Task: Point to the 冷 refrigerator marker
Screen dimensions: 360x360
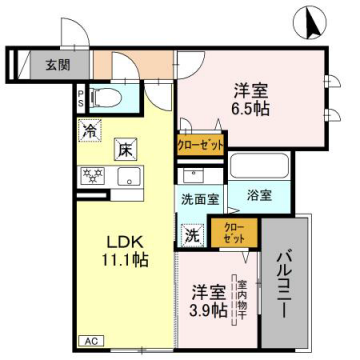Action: tap(89, 130)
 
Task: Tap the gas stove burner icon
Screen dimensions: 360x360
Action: tap(92, 177)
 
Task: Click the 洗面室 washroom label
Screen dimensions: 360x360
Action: tap(200, 198)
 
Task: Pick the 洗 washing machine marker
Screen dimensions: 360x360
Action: tap(191, 236)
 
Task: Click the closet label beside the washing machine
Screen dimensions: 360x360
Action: tap(233, 236)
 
